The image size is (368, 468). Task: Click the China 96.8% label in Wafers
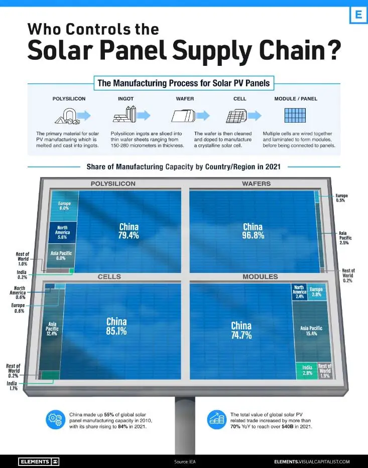click(x=253, y=231)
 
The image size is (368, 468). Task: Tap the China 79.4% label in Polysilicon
click(x=129, y=231)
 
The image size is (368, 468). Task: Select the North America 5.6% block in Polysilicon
click(x=63, y=232)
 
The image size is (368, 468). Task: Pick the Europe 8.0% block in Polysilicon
click(x=64, y=206)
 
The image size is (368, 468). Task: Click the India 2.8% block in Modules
click(x=307, y=370)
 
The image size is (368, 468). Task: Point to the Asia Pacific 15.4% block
click(x=311, y=331)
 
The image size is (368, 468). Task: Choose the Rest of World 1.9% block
click(x=324, y=370)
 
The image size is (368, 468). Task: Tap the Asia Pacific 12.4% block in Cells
click(x=51, y=328)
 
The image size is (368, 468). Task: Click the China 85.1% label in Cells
click(x=116, y=326)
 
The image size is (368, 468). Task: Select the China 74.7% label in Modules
click(x=241, y=330)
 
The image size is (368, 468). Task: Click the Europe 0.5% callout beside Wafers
click(x=342, y=198)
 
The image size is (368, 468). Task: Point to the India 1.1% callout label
click(x=12, y=386)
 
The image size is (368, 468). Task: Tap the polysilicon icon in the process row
click(x=68, y=116)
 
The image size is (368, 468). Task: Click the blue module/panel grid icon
click(x=295, y=115)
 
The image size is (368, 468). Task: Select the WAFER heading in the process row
click(x=185, y=99)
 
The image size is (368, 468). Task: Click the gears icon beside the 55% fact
click(x=55, y=420)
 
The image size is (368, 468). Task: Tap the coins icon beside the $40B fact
click(x=216, y=420)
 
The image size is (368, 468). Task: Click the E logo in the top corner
click(x=358, y=14)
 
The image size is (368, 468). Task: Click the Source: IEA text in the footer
click(x=185, y=462)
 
